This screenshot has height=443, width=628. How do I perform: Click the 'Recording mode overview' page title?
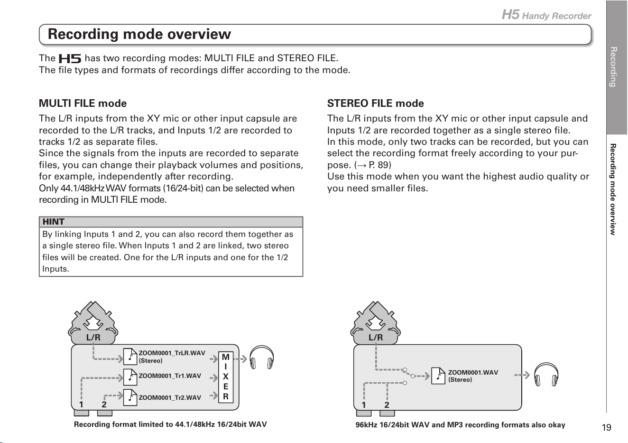click(x=139, y=34)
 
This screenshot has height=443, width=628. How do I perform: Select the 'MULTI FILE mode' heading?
click(x=83, y=104)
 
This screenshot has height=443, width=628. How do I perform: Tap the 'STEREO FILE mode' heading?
click(x=375, y=104)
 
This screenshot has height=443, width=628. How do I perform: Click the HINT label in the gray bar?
click(x=53, y=222)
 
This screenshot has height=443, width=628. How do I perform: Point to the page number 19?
click(x=606, y=427)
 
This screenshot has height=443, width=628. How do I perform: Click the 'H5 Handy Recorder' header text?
click(x=546, y=15)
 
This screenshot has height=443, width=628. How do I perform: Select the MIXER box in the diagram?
click(x=226, y=377)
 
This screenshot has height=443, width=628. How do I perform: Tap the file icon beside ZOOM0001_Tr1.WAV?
click(x=130, y=377)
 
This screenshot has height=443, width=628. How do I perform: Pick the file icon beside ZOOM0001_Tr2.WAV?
click(x=130, y=397)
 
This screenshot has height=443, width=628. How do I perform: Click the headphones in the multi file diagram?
click(x=261, y=358)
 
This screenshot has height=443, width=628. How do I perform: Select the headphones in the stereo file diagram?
click(x=546, y=375)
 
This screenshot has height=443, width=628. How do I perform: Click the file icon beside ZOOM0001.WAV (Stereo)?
click(x=438, y=376)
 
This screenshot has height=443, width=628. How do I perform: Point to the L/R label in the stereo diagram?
click(x=376, y=338)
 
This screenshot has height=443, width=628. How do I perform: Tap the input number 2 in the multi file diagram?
click(x=104, y=405)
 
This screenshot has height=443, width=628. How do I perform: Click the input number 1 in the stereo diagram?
click(x=364, y=405)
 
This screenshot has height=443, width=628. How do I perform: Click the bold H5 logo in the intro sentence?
click(x=70, y=58)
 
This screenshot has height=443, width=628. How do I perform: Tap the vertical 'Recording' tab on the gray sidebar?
click(x=613, y=67)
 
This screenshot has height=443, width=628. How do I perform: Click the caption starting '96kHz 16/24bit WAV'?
click(x=461, y=425)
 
